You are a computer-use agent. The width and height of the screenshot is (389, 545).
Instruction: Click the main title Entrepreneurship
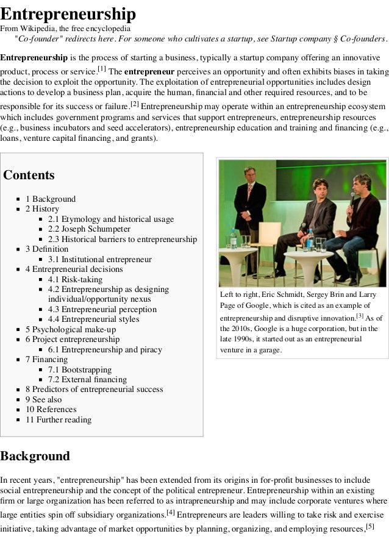pos(68,13)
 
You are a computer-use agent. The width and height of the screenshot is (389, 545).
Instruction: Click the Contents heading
pos(29,176)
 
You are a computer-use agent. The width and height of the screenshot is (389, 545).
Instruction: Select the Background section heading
pos(35,456)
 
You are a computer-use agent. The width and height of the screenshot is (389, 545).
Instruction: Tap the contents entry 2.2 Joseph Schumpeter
pos(89,229)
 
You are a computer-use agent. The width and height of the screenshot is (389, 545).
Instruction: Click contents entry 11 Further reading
pos(58,419)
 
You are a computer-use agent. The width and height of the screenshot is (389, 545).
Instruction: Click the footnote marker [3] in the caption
pos(360,316)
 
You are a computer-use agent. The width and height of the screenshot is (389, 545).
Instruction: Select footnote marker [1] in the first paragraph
pos(102,68)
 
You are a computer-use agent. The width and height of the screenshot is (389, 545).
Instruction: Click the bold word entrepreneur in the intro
pos(149,71)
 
